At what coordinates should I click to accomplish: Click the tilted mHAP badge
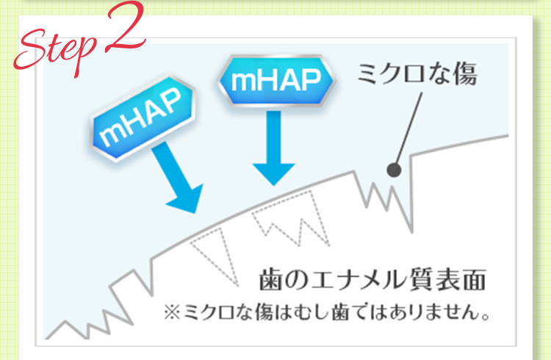click(x=143, y=118)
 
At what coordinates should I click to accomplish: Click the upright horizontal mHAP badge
click(x=276, y=81)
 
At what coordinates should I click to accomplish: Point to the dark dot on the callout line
click(x=394, y=170)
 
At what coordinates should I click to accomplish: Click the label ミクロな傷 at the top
click(x=417, y=73)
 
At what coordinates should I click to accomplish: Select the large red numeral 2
click(x=125, y=27)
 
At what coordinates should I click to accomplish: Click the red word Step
click(x=57, y=51)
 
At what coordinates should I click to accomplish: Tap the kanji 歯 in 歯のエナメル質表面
click(x=270, y=280)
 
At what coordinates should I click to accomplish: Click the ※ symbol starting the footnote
click(x=172, y=312)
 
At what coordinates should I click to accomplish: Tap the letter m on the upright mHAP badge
click(x=243, y=82)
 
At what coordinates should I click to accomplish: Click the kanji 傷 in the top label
click(x=466, y=73)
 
